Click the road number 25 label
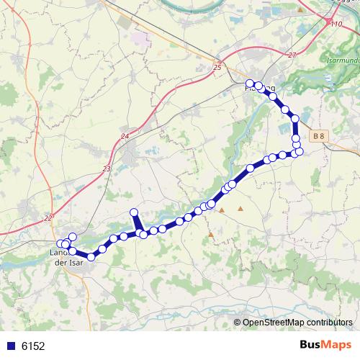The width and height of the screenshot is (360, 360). point(217,67)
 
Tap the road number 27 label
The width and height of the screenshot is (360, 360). point(291,55)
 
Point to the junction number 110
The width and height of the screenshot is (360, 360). point(336,24)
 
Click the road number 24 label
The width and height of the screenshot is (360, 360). point(125,136)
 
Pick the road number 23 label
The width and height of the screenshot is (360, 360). point(107,168)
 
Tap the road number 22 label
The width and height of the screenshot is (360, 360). point(48,217)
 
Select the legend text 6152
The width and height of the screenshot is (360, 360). point(33,346)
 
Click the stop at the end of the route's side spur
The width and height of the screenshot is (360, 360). point(133,212)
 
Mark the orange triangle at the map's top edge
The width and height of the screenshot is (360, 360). point(300,9)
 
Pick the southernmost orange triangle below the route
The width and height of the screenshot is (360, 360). point(211,234)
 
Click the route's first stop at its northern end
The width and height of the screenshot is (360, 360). point(250,84)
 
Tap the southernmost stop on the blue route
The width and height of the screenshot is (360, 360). point(91,256)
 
